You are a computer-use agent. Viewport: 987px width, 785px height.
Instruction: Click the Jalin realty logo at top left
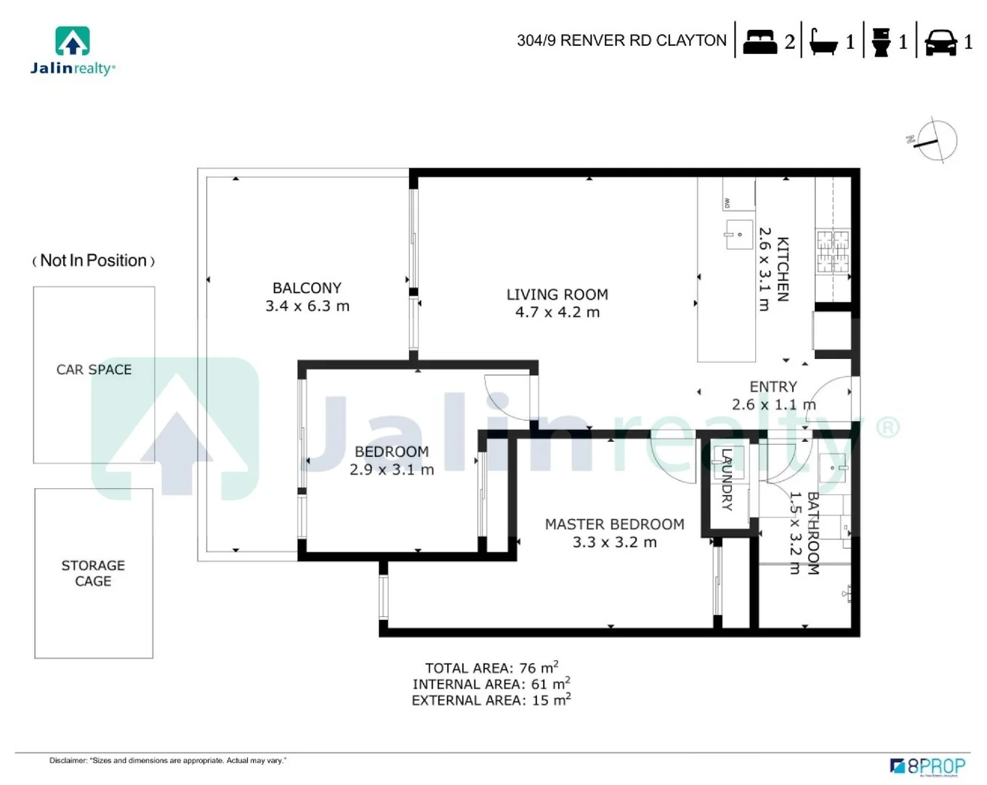tap(73, 51)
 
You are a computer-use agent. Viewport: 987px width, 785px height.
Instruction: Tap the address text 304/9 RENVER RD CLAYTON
tap(621, 41)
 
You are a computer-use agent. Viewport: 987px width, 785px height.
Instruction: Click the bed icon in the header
tap(760, 41)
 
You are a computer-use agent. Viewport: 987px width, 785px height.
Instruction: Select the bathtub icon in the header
tap(823, 42)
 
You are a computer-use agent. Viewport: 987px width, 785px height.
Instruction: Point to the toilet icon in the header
tap(881, 42)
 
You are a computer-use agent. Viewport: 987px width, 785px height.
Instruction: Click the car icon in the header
tap(940, 42)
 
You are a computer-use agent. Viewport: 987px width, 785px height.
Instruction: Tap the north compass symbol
tap(936, 141)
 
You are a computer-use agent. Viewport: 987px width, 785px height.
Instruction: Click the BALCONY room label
tap(307, 289)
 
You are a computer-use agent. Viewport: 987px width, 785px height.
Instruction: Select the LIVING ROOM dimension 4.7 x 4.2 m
tap(557, 313)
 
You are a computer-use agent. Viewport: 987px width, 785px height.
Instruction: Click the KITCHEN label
tap(783, 269)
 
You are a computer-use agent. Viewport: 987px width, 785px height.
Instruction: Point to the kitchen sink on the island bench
tap(738, 234)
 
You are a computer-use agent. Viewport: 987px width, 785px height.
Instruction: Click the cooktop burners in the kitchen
tap(833, 251)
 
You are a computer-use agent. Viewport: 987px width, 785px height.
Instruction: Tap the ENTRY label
tap(773, 387)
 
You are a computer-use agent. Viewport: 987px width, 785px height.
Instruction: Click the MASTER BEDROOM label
tap(614, 524)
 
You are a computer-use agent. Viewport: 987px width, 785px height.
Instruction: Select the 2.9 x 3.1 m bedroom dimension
tap(392, 470)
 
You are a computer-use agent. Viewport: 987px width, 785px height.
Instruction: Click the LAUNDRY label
tap(727, 480)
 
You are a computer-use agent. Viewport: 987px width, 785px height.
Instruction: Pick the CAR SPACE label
tap(94, 369)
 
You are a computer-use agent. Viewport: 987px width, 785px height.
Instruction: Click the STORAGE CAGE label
tap(93, 573)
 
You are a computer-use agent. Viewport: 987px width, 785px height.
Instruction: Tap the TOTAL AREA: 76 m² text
tap(491, 667)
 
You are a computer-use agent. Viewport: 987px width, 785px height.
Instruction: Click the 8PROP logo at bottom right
tap(928, 766)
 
